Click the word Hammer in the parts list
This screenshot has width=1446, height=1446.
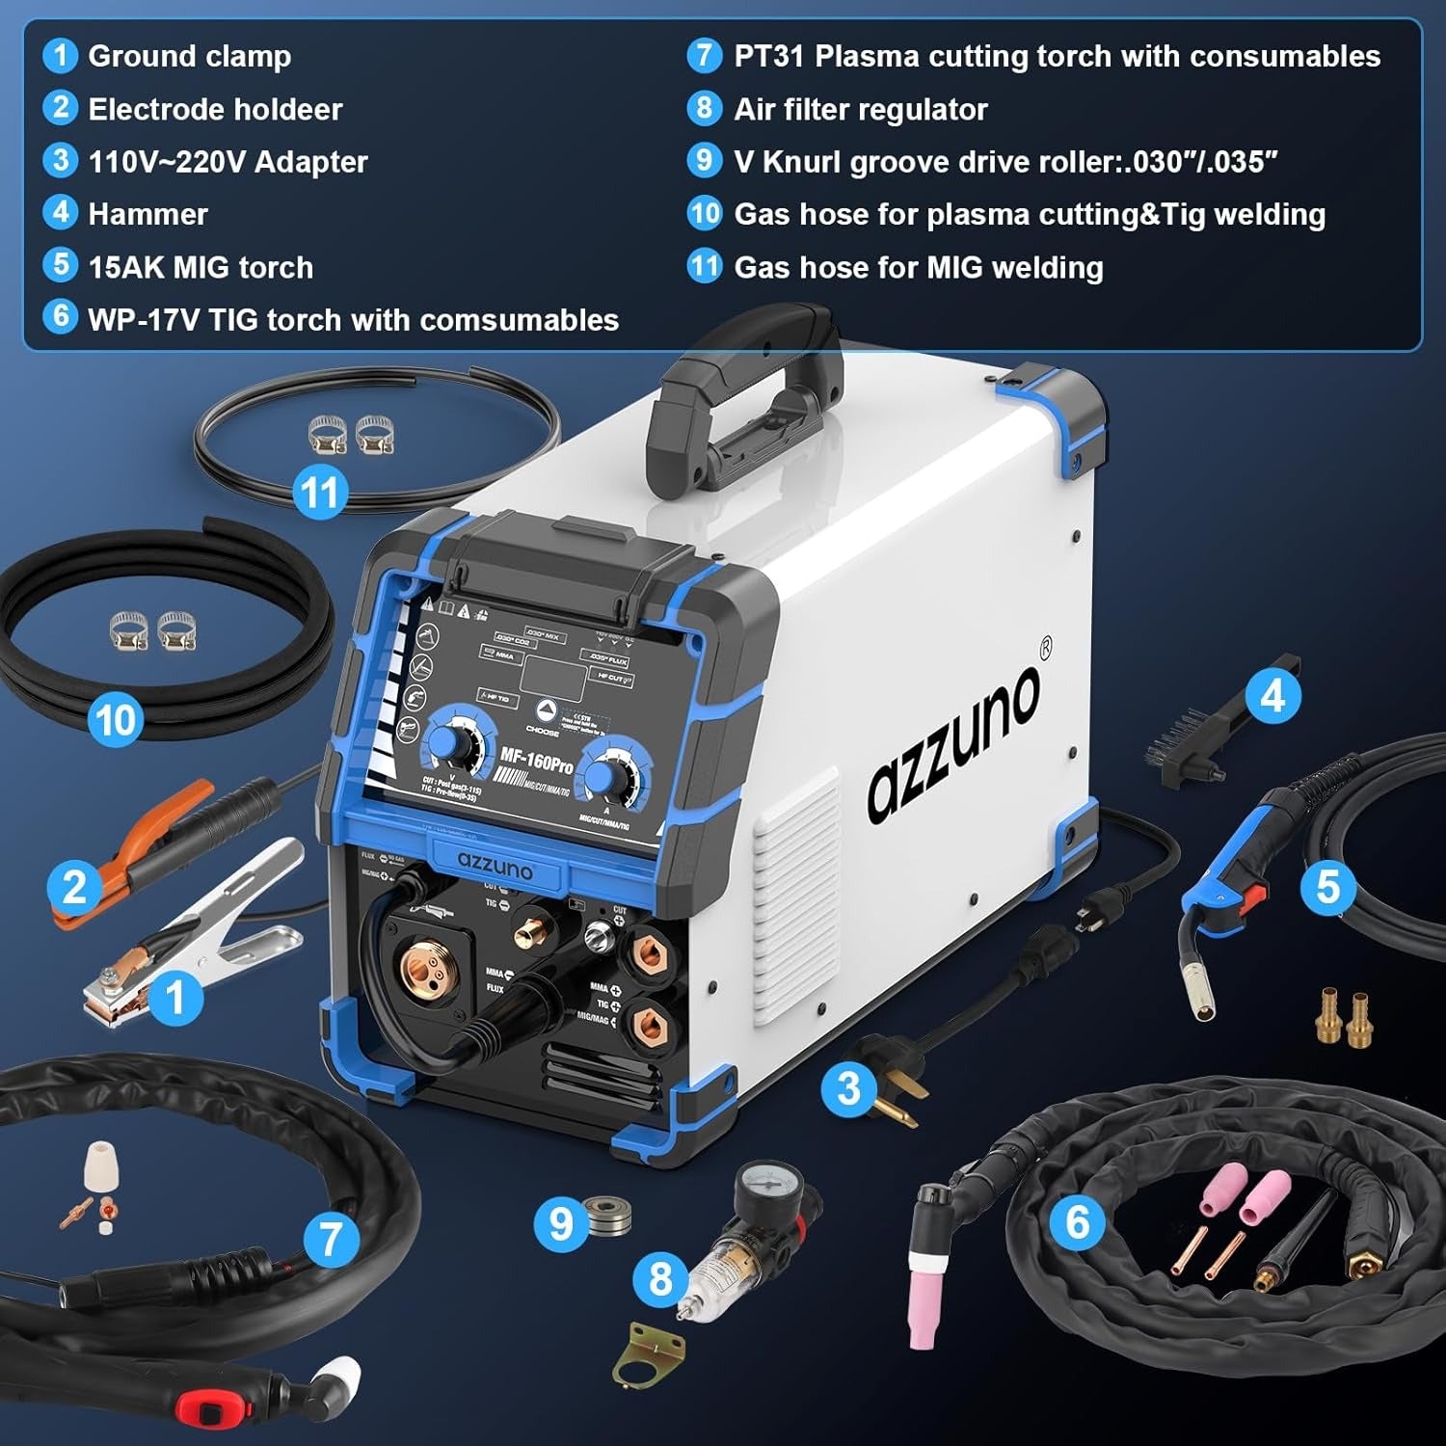click(x=147, y=214)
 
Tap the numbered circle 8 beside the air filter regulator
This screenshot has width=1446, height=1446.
click(x=659, y=1278)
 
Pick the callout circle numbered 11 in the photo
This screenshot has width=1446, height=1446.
click(x=319, y=493)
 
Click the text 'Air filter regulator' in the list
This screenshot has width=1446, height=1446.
click(x=860, y=109)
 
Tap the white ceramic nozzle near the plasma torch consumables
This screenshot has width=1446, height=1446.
click(x=97, y=1162)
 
